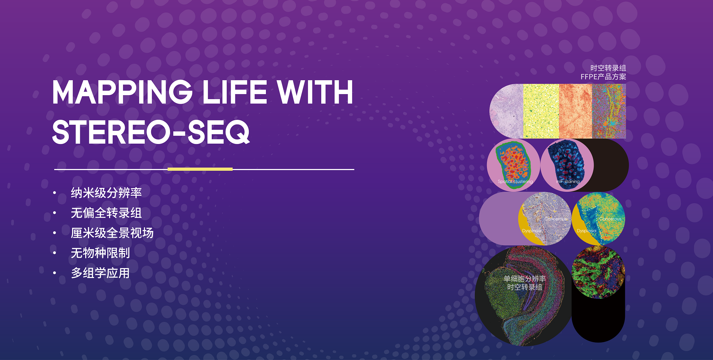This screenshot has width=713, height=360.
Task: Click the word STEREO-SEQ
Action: pyautogui.click(x=151, y=132)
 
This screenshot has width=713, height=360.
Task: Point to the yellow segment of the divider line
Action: pyautogui.click(x=200, y=169)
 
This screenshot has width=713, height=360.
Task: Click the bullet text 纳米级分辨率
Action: pyautogui.click(x=106, y=193)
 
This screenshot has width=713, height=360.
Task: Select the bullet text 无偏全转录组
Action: pyautogui.click(x=106, y=213)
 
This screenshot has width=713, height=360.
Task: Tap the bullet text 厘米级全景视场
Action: pyautogui.click(x=112, y=233)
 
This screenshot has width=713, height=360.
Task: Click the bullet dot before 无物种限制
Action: pyautogui.click(x=55, y=253)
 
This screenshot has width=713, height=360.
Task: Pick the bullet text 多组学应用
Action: pyautogui.click(x=100, y=273)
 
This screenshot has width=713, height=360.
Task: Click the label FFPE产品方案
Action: pyautogui.click(x=603, y=77)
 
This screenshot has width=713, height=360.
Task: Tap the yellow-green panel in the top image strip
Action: pyautogui.click(x=541, y=111)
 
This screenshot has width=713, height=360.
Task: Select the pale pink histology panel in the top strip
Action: pyautogui.click(x=507, y=111)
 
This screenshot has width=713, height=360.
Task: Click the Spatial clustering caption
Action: pyautogui.click(x=515, y=181)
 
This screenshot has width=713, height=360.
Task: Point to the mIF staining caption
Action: pyautogui.click(x=568, y=181)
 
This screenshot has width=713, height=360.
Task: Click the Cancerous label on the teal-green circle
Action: pyautogui.click(x=610, y=219)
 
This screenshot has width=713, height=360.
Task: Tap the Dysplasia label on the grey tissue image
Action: pyautogui.click(x=532, y=231)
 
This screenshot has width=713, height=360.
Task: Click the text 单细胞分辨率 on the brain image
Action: pyautogui.click(x=525, y=278)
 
